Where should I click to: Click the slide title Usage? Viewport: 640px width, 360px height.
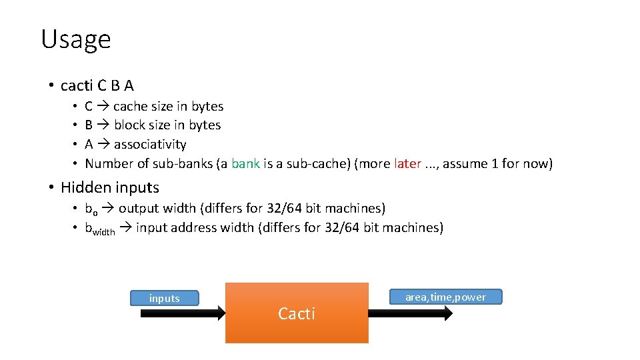75,39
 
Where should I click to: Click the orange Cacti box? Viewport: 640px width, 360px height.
297,313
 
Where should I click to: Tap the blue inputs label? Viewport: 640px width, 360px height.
164,298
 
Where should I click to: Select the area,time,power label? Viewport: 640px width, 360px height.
445,297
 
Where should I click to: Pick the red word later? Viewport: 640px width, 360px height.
407,163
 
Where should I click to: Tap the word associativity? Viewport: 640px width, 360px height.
150,144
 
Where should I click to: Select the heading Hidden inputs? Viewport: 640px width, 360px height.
110,187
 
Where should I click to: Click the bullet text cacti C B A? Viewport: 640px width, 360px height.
97,85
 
